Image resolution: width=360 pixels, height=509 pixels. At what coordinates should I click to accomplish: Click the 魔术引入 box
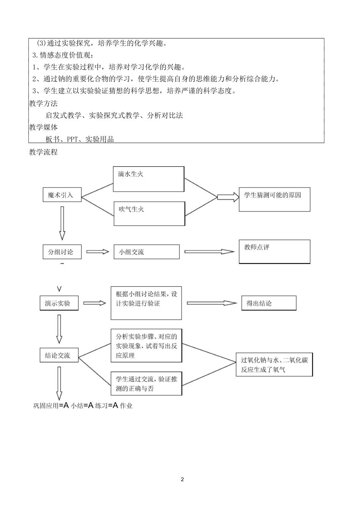(x=62, y=195)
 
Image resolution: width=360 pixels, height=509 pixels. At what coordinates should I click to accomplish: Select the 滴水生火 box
(x=149, y=179)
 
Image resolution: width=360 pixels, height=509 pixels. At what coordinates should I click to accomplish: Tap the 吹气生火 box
(x=149, y=214)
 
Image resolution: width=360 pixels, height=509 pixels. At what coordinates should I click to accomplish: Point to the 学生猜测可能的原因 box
(x=274, y=199)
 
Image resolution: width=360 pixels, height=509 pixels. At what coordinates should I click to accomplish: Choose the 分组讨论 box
(x=62, y=252)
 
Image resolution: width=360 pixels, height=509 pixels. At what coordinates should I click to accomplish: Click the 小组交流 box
(x=146, y=252)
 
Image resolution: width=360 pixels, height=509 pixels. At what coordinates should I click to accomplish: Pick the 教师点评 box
(x=274, y=251)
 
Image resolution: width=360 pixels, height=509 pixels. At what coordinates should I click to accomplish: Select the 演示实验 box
(x=59, y=303)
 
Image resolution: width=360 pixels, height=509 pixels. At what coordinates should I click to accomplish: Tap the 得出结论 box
(x=268, y=303)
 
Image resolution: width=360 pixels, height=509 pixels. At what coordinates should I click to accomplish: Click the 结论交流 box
(x=59, y=355)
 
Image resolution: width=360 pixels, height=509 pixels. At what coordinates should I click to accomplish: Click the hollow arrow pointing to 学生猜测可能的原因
(x=228, y=196)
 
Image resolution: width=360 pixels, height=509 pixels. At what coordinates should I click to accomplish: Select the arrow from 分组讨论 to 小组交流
(x=97, y=252)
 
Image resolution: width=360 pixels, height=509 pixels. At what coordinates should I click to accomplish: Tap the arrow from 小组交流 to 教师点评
(x=209, y=251)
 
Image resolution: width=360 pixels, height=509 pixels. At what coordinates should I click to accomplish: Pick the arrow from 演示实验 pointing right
(x=94, y=303)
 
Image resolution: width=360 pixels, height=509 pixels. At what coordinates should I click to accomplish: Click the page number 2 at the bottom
(x=182, y=479)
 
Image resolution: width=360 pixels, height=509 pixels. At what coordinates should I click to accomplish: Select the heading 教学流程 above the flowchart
(x=43, y=152)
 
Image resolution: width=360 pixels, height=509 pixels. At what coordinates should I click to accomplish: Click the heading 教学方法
(x=43, y=103)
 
